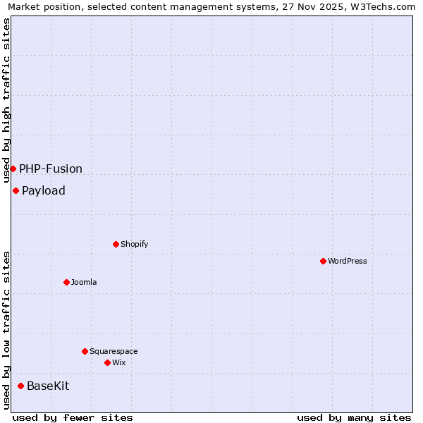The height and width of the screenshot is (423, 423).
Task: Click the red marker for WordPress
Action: [x=323, y=261]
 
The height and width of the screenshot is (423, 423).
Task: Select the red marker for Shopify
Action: [x=116, y=244]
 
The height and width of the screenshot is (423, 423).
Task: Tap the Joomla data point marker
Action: [x=66, y=282]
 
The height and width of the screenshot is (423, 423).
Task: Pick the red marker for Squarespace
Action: [x=85, y=351]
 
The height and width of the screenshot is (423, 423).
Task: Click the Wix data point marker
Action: [x=107, y=362]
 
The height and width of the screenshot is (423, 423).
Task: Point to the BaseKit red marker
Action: [x=20, y=386]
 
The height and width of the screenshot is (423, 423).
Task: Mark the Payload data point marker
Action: [x=16, y=190]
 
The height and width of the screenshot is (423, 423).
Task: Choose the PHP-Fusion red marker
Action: [x=13, y=168]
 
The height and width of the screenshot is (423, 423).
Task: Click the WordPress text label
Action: [x=348, y=261]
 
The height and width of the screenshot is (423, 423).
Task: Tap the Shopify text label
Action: [x=134, y=244]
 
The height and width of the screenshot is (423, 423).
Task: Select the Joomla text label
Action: [x=84, y=282]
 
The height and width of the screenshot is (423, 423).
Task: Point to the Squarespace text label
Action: [x=114, y=351]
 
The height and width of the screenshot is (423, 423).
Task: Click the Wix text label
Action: [x=119, y=362]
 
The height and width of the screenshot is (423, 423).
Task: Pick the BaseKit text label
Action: [x=48, y=386]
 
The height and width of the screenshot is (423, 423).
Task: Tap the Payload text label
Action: [x=44, y=190]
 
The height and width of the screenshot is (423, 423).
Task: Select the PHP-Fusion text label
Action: [x=51, y=168]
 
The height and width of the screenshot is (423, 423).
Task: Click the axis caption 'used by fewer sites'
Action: [x=73, y=417]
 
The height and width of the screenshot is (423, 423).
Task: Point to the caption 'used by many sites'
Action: [x=354, y=417]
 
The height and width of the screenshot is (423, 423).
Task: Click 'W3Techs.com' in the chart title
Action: [x=384, y=7]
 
